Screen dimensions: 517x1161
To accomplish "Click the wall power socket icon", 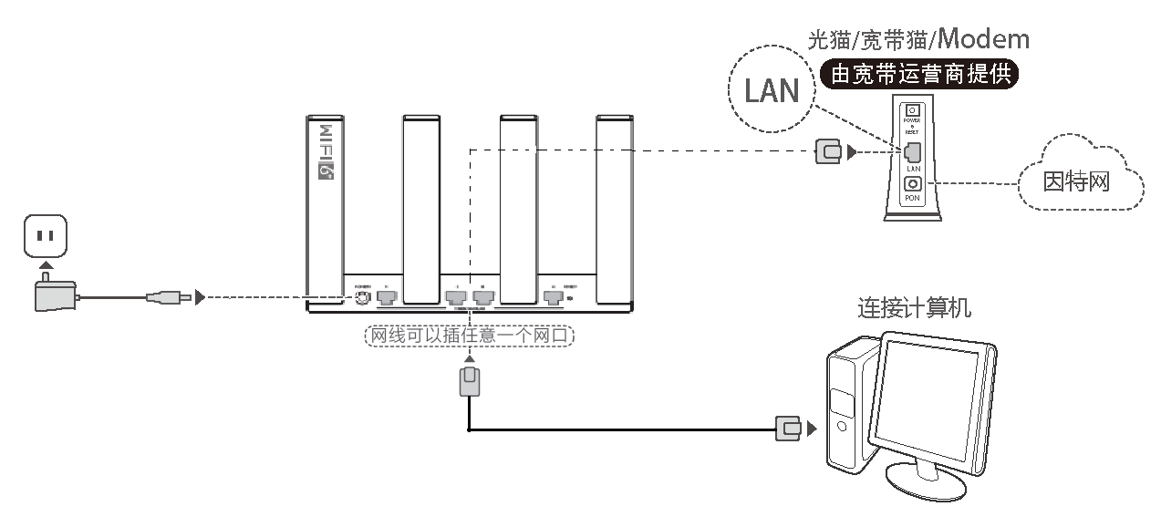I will (x=45, y=236).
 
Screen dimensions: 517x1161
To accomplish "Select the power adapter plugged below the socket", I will (x=53, y=295).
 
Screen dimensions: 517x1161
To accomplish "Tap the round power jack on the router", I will (x=362, y=296).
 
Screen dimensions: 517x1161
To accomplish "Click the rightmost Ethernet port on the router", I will (x=552, y=296).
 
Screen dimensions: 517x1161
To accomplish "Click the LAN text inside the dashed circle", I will (x=772, y=90).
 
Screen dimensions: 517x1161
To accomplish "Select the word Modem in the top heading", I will (x=983, y=39).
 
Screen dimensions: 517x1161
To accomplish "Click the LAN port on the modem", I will (x=912, y=152).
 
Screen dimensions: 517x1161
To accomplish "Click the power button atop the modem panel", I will (x=911, y=110).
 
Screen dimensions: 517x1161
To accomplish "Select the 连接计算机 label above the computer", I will (x=914, y=308).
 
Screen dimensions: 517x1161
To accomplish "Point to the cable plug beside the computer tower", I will (x=788, y=428).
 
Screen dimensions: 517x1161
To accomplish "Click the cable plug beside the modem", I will (x=828, y=152).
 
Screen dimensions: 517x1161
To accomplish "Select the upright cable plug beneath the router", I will (x=469, y=381).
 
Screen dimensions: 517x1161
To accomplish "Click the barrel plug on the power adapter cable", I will (x=169, y=296).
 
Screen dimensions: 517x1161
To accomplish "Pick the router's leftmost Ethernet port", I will (x=387, y=296).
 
